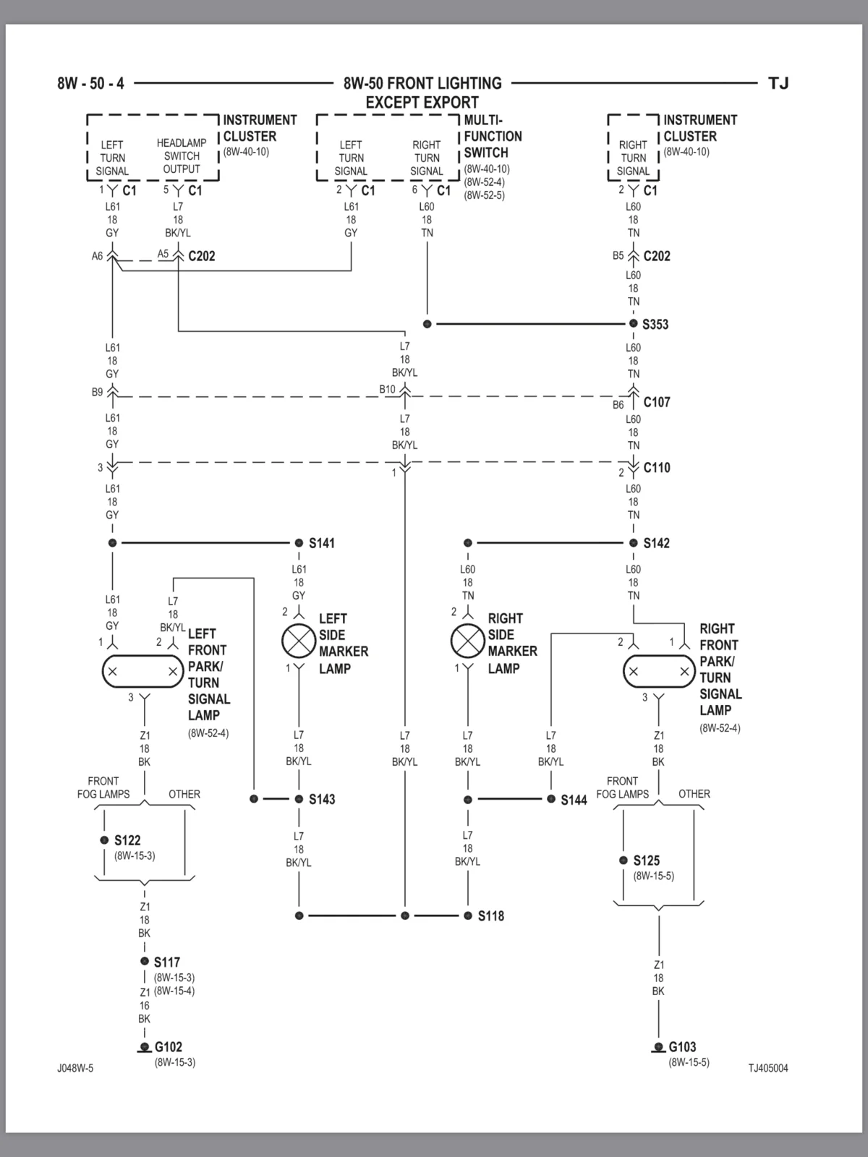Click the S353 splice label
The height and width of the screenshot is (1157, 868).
click(x=655, y=324)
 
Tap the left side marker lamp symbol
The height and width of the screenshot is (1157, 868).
click(x=299, y=641)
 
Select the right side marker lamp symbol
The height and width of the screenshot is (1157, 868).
click(x=467, y=641)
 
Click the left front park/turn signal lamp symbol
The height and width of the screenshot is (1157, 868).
click(x=142, y=672)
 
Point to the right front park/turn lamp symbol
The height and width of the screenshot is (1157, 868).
click(x=659, y=672)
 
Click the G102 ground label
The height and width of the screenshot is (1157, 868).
click(x=168, y=1046)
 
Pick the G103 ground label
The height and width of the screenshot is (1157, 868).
click(x=683, y=1046)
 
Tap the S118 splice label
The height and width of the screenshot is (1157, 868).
click(x=491, y=916)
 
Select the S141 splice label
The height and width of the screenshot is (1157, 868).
click(x=321, y=543)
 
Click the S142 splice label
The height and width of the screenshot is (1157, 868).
click(x=657, y=543)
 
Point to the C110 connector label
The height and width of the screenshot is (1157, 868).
click(x=657, y=468)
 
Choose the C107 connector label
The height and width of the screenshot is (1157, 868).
click(x=657, y=402)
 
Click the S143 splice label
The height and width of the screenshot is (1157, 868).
click(x=322, y=799)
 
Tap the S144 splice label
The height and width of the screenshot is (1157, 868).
click(x=574, y=800)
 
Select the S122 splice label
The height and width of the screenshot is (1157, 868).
click(x=127, y=840)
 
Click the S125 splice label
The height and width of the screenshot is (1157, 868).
click(x=647, y=861)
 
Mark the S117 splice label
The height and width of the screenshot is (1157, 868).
click(x=167, y=962)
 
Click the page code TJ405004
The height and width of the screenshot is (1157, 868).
click(x=768, y=1068)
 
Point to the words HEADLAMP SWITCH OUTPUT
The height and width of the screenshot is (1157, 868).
click(x=182, y=156)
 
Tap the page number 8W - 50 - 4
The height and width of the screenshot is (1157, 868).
click(x=90, y=83)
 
